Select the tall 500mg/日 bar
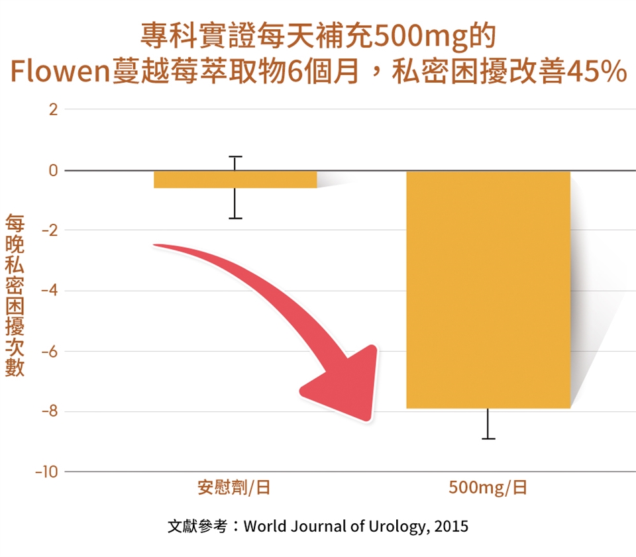tap(488, 289)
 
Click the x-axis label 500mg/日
tap(488, 489)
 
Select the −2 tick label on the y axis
tap(50, 230)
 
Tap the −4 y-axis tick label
tap(50, 291)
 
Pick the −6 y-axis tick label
tap(50, 351)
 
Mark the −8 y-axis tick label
tap(50, 411)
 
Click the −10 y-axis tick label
tap(46, 472)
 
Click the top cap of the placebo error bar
tap(235, 157)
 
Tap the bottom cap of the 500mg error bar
tap(488, 438)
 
